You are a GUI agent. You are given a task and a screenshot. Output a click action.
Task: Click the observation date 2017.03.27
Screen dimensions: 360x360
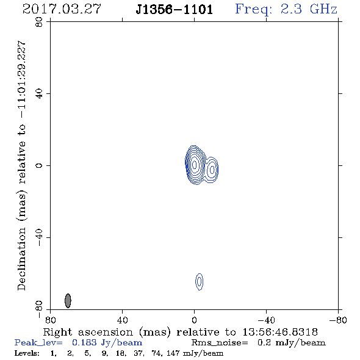click(x=62, y=9)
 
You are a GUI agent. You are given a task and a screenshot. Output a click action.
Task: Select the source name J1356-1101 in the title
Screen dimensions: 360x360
click(x=174, y=9)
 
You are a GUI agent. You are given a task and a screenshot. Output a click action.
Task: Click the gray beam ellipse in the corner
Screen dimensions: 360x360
click(x=68, y=301)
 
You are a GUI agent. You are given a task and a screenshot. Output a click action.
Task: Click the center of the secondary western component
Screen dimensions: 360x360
click(x=212, y=170)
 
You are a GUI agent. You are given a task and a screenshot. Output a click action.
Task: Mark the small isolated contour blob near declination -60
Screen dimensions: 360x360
click(x=200, y=281)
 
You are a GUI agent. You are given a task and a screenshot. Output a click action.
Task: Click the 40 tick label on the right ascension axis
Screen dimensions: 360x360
click(x=122, y=320)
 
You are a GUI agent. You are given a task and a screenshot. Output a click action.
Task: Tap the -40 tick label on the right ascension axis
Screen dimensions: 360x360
click(x=266, y=320)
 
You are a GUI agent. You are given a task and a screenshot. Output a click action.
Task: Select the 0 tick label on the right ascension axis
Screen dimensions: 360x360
click(x=194, y=320)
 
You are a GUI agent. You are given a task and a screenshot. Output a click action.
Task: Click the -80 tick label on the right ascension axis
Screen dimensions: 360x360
click(x=338, y=320)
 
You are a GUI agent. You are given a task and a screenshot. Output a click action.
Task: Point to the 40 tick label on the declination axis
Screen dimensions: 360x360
click(x=39, y=94)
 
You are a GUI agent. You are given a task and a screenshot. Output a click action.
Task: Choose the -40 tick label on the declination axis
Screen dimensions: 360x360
click(x=39, y=237)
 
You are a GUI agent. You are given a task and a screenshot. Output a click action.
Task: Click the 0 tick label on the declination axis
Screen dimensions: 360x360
click(x=39, y=165)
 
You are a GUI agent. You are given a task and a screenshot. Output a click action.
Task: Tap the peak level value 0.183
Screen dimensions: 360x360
click(x=84, y=342)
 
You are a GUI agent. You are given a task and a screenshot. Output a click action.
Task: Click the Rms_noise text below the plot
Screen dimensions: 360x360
click(x=220, y=343)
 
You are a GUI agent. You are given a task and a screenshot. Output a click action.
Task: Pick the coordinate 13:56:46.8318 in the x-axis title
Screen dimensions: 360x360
click(x=280, y=332)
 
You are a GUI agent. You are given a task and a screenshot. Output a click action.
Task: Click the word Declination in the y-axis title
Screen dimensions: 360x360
click(x=21, y=259)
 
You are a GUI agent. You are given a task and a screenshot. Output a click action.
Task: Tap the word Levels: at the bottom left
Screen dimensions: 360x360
click(x=27, y=353)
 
